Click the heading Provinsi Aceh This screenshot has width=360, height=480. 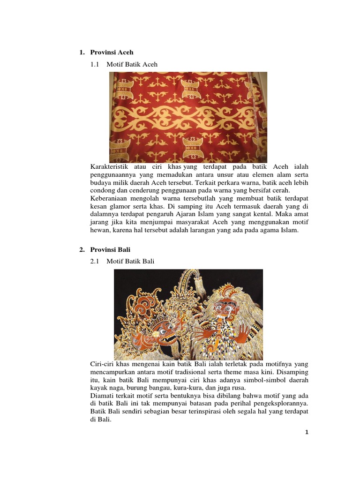112,52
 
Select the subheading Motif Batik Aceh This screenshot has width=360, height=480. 132,64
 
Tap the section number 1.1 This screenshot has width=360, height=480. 96,64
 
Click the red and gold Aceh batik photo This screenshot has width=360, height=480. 188,117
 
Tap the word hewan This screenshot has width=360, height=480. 99,230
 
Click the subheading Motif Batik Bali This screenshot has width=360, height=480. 130,262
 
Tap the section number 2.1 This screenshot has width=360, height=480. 96,262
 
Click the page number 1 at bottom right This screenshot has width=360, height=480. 306,432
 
